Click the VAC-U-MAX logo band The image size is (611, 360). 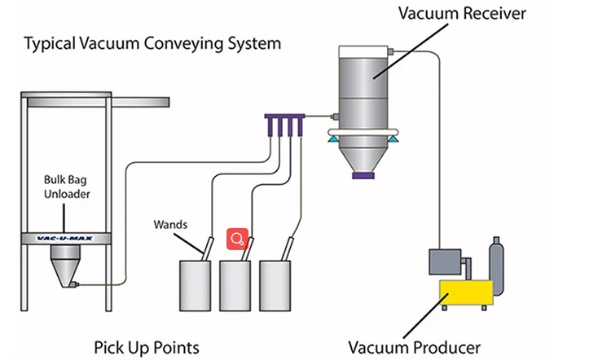tap(66, 238)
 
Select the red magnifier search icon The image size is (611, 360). tap(237, 239)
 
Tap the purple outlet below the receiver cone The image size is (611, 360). tap(363, 173)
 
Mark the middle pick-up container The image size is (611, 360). tap(236, 287)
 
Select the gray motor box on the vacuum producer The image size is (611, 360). tap(446, 262)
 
